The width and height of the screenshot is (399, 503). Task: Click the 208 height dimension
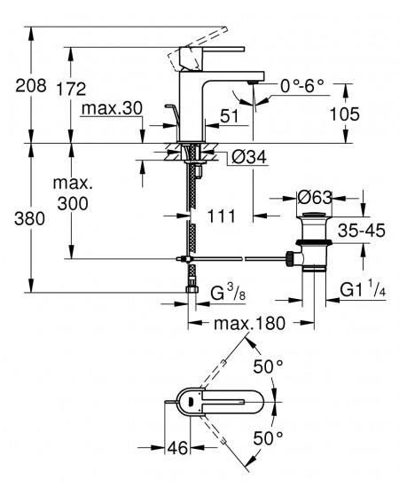click(31, 85)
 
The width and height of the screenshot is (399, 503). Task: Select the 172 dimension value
click(71, 89)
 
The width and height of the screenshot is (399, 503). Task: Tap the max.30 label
click(112, 108)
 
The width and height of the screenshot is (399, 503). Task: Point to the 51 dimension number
click(230, 116)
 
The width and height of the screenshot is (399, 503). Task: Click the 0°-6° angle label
click(302, 85)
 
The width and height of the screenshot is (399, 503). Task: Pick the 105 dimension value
click(345, 114)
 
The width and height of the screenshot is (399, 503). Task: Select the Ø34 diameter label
click(249, 157)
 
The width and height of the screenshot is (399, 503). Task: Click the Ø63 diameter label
click(315, 198)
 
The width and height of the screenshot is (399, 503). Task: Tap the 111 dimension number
click(222, 216)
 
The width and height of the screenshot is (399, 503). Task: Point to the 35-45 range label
click(362, 230)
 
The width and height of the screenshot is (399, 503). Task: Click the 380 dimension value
click(29, 219)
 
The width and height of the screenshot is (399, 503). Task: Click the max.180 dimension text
click(249, 323)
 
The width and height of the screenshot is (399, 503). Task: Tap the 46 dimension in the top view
click(177, 447)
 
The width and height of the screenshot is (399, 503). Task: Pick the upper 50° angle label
click(268, 366)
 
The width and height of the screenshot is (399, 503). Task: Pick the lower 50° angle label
click(268, 438)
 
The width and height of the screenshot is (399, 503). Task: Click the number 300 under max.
click(73, 203)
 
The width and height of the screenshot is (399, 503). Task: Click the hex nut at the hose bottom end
click(192, 289)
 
